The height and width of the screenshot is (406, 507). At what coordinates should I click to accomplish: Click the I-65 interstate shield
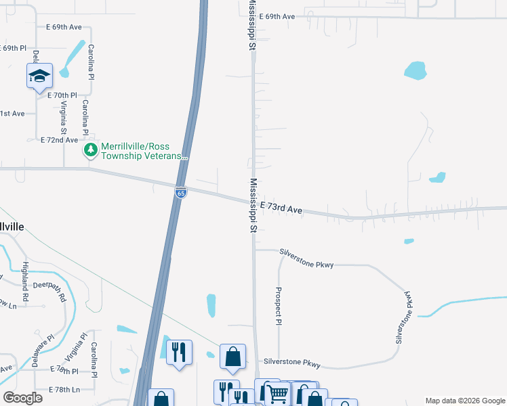click(x=180, y=193)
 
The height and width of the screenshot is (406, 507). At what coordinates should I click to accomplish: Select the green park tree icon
click(x=90, y=150)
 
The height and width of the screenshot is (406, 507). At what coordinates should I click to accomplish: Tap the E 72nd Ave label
click(x=60, y=139)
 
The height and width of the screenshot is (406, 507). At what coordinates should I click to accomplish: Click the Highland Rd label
click(x=26, y=281)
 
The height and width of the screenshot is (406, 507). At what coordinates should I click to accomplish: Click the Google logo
click(x=22, y=398)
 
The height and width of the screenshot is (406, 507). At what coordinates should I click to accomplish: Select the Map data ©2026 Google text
click(x=464, y=400)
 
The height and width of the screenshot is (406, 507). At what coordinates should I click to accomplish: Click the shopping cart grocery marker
click(x=277, y=392)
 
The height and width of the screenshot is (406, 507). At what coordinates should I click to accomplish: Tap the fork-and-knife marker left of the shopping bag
click(x=179, y=352)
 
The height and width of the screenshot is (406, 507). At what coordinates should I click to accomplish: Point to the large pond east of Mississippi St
click(x=415, y=70)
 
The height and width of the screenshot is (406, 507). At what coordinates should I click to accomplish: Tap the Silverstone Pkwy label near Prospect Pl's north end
click(x=307, y=265)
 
